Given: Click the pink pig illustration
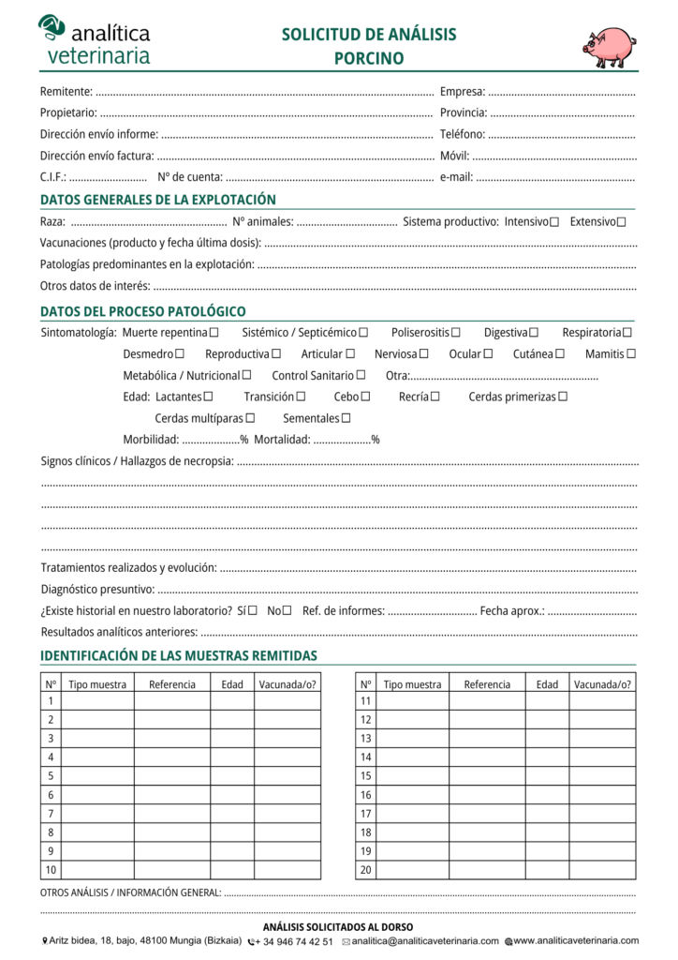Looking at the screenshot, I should point(609,46).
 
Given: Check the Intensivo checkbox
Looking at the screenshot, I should point(554,222).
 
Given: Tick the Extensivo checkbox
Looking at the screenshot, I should point(622,222).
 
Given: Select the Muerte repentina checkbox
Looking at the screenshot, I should point(214,333).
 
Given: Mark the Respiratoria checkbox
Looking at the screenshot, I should point(627,333).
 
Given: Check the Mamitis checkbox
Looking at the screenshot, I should point(631,354).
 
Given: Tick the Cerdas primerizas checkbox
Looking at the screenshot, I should point(563,397).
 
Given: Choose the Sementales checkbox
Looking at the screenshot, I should point(346,418).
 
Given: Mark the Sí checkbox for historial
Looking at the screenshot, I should point(253,610).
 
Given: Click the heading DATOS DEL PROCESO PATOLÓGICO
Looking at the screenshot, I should point(143,311).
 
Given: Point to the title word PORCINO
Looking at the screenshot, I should point(369,58).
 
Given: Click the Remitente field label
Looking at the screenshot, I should point(66,92).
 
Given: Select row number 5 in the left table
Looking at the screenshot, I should point(51,775).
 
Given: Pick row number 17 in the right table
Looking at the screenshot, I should point(365,814).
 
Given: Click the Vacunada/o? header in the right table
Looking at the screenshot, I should point(602,684).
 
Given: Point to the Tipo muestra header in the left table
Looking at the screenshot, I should point(97,684).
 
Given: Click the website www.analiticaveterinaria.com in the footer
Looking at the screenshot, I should point(576,940).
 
